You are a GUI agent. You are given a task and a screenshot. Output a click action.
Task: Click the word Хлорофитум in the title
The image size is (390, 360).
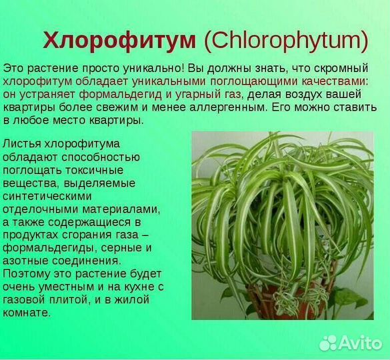119,41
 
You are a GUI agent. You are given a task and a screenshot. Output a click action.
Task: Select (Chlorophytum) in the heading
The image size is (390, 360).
285,41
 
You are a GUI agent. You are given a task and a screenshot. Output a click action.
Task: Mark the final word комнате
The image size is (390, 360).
27,312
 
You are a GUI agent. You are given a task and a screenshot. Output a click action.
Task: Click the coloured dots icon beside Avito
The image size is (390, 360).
329,343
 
